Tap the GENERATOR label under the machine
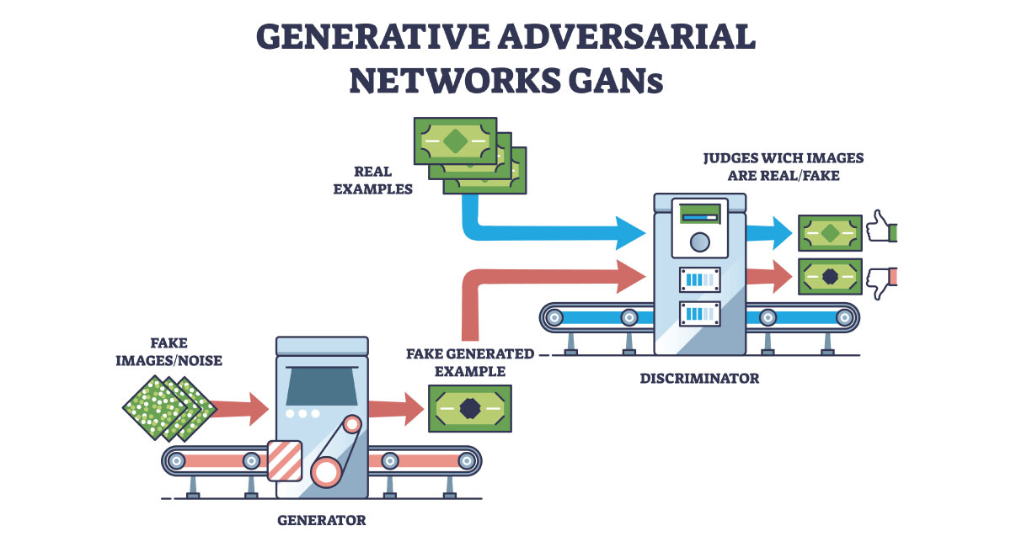click(x=322, y=520)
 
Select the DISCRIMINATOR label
click(x=698, y=379)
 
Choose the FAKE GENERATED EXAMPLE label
click(x=470, y=363)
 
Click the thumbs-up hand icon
click(x=881, y=228)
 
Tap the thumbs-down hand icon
click(x=881, y=279)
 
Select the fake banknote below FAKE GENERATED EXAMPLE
click(x=470, y=408)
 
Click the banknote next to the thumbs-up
click(x=830, y=233)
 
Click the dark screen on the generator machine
click(x=321, y=385)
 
